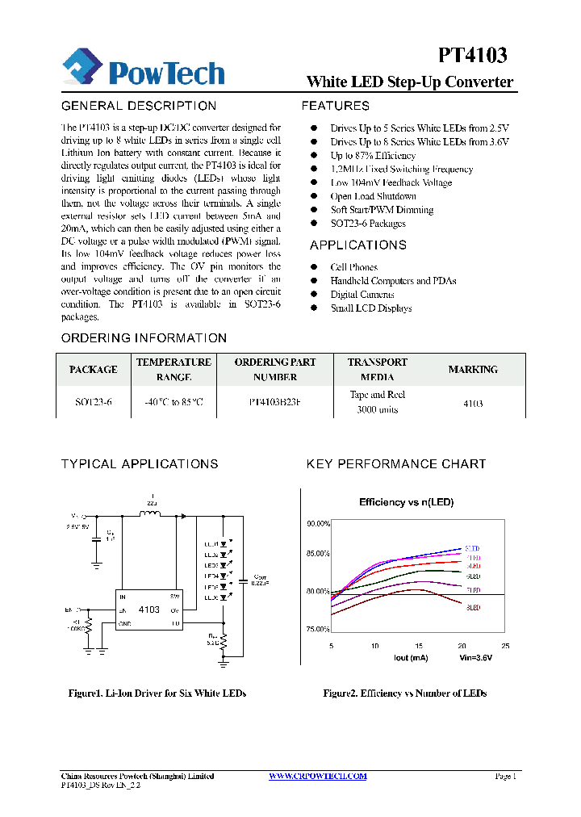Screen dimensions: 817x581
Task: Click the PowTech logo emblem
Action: [x=82, y=66]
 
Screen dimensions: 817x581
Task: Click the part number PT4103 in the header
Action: [x=473, y=55]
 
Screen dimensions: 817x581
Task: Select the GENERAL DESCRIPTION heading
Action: [x=139, y=106]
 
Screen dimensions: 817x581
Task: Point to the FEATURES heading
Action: [x=336, y=106]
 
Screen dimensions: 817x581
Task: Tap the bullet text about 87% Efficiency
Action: [x=372, y=155]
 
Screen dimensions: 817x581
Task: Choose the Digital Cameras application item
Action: [x=362, y=295]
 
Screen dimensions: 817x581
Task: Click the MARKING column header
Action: [x=473, y=370]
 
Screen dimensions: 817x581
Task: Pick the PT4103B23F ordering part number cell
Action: [x=274, y=402]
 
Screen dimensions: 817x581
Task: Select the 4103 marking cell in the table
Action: [x=473, y=403]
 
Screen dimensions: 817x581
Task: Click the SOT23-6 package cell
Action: [x=93, y=402]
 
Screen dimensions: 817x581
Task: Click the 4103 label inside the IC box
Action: [x=148, y=610]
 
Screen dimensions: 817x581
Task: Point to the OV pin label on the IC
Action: [x=175, y=610]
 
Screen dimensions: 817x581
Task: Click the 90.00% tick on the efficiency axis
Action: [x=318, y=524]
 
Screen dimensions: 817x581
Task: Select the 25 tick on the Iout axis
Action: [x=505, y=647]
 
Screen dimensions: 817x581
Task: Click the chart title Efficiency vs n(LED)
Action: [x=406, y=502]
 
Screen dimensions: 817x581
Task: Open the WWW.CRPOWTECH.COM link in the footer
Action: [x=317, y=776]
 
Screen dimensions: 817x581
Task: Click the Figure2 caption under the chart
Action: [x=405, y=693]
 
